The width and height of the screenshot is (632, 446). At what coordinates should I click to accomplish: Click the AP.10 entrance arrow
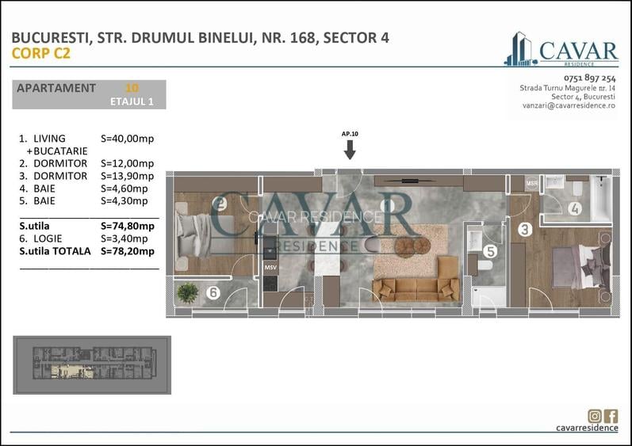point(350,149)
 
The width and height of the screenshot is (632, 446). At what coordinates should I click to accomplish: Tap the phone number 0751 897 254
point(589,78)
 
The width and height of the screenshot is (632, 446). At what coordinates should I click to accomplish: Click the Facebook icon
point(611,415)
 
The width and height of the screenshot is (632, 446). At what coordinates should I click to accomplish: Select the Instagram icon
point(595,415)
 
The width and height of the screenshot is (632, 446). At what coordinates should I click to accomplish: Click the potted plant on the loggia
point(188,293)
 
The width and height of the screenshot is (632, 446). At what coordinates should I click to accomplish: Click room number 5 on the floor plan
point(489,252)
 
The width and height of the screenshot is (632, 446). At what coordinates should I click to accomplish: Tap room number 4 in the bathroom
point(574,210)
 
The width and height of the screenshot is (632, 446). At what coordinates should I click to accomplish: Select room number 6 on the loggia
point(213,293)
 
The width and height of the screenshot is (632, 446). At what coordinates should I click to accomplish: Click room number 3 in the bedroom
point(524,231)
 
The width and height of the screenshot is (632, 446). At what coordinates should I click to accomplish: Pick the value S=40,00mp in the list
point(128,139)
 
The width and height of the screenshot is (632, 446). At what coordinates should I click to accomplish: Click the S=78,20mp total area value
point(128,251)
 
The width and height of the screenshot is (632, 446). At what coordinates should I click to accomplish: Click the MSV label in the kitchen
point(270,268)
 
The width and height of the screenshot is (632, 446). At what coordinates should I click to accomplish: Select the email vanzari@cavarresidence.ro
point(569,105)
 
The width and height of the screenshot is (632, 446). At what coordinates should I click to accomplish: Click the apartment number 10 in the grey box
point(132,88)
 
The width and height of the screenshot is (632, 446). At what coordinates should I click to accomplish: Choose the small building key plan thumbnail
point(91,365)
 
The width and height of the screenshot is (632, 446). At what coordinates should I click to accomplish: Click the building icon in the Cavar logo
point(519,49)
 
